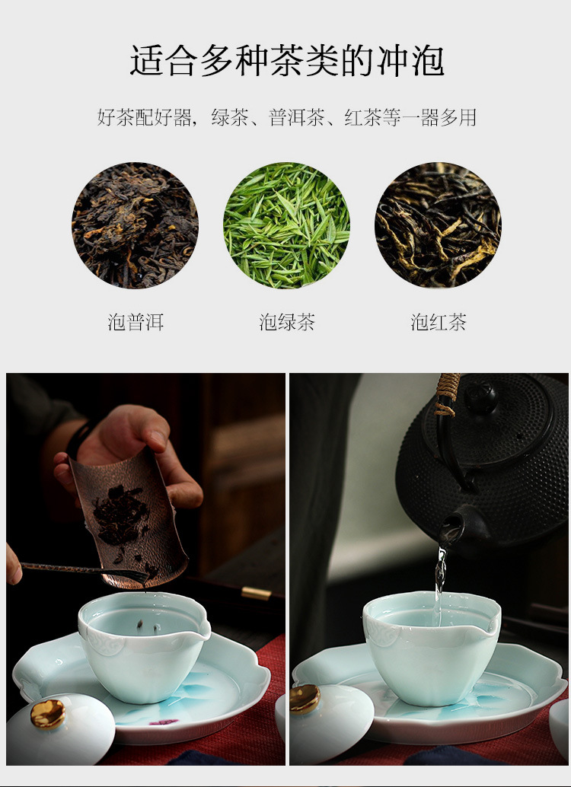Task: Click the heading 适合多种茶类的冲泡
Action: [x=287, y=61]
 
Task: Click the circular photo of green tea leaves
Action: [x=286, y=225]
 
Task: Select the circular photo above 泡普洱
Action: [x=135, y=225]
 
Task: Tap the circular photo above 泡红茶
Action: [x=438, y=225]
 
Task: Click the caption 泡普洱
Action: [x=136, y=322]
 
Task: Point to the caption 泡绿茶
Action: [x=287, y=322]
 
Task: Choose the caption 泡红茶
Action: [x=439, y=322]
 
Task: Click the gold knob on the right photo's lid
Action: [x=305, y=699]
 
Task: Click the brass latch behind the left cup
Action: [x=256, y=593]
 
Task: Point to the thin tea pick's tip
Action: [x=147, y=577]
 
